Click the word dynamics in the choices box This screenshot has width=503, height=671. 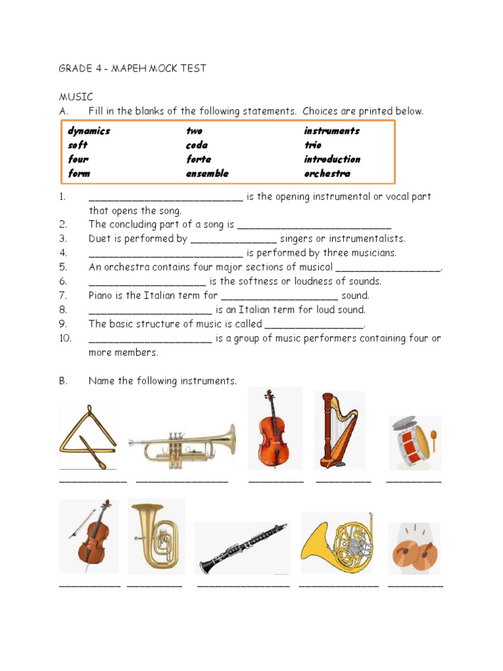[x=89, y=130]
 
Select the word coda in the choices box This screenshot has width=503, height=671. [x=196, y=145]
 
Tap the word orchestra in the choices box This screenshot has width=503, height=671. [x=327, y=174]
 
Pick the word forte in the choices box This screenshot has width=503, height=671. [x=198, y=159]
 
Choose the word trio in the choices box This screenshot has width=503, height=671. [x=312, y=145]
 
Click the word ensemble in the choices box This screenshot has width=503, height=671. [x=207, y=174]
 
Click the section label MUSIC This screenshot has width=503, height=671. [x=76, y=97]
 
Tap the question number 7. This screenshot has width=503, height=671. [x=63, y=296]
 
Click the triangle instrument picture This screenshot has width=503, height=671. [x=87, y=438]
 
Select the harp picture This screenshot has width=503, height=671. [x=339, y=430]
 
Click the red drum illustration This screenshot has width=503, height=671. [x=415, y=442]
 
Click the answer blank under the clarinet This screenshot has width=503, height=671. [x=243, y=585]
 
